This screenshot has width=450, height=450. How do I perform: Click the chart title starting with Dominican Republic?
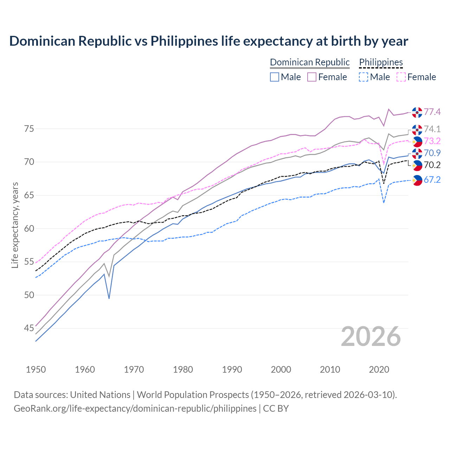208,41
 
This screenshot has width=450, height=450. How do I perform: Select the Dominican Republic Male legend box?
275,77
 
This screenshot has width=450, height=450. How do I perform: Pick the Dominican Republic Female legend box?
312,77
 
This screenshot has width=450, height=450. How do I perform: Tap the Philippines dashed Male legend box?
364,77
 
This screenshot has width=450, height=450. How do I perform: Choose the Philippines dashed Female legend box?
401,77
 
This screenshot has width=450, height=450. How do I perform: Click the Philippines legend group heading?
381,62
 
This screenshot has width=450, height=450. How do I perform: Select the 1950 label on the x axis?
36,369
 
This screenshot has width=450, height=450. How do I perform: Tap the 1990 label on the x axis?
232,369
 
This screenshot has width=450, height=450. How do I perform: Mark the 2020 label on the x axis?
379,369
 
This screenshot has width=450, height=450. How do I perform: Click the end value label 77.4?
432,112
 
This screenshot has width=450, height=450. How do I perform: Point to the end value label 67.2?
432,180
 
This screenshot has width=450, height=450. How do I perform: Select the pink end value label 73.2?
432,141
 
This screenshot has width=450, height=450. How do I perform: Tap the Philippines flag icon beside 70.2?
417,165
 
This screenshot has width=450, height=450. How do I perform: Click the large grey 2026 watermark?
371,336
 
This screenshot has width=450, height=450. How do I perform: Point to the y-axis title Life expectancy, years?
15,225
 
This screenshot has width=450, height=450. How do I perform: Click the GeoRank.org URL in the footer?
135,409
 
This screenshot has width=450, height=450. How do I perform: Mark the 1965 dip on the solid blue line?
109,298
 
